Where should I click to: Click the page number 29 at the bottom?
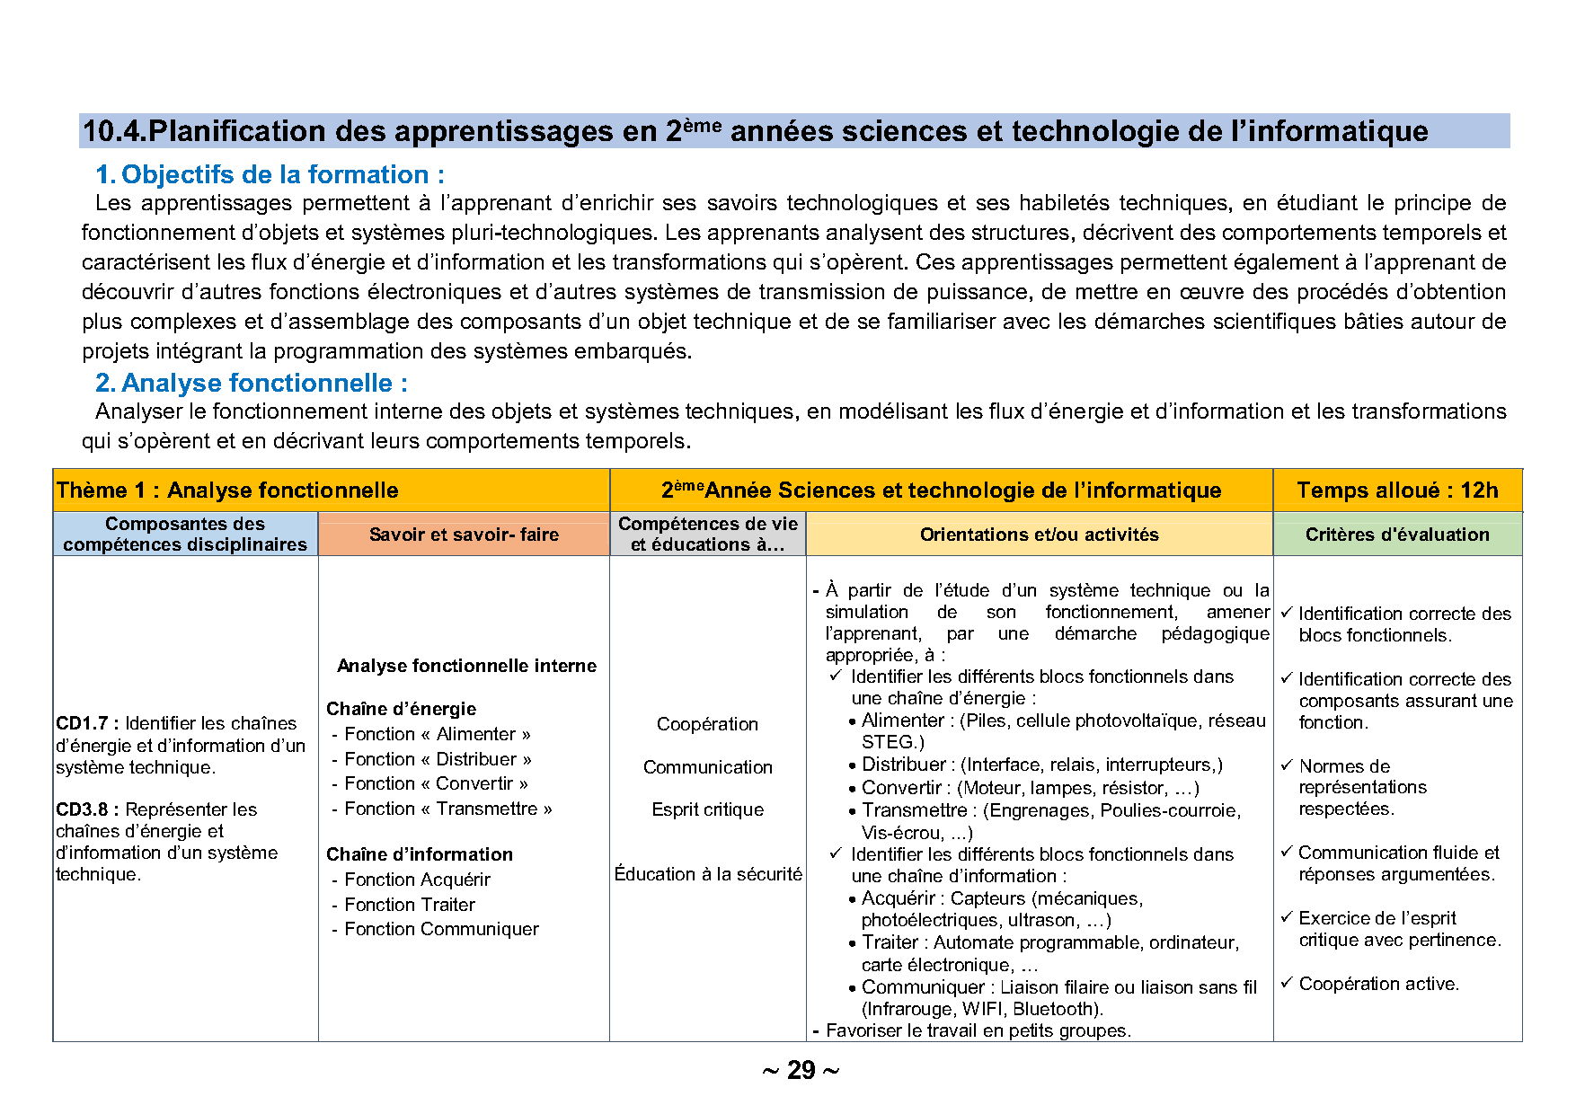click(801, 1070)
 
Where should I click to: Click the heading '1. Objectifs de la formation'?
click(270, 174)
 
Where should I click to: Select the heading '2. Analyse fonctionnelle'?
click(252, 383)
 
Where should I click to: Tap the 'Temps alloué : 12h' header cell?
click(1397, 491)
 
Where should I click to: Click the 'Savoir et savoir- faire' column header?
click(464, 535)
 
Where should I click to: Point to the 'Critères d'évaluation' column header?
click(1397, 535)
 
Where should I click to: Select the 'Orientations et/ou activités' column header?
click(1039, 535)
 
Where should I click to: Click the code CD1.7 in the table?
click(83, 723)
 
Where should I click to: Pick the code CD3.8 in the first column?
click(83, 809)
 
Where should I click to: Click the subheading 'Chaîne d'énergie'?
click(401, 709)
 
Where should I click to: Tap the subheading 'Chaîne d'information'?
click(420, 854)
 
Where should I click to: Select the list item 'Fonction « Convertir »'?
click(437, 783)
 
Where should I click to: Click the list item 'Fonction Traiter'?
click(410, 905)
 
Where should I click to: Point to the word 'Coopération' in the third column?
click(707, 724)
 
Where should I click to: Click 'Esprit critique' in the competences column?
click(707, 809)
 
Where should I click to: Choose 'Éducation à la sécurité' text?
click(707, 874)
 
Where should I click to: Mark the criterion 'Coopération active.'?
click(1378, 984)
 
